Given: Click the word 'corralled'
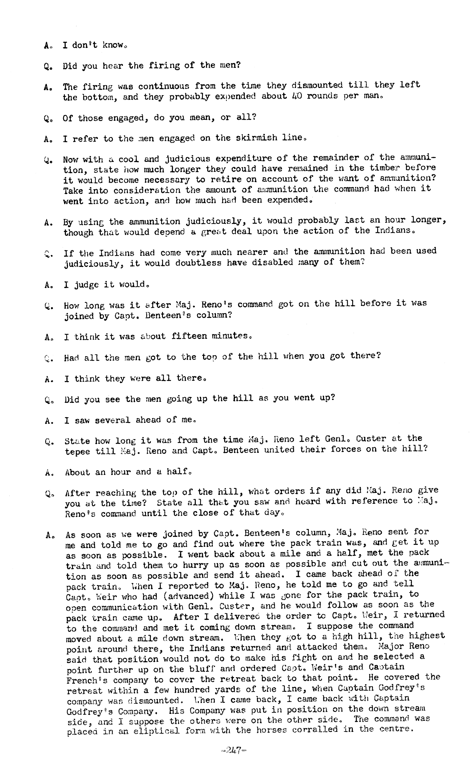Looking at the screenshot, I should tap(305, 729).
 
